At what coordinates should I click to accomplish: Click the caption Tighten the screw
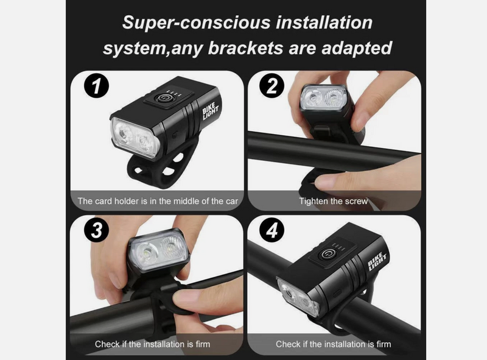(333, 201)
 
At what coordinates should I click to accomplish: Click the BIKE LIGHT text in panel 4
(377, 261)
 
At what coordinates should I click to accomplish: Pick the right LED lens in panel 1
(145, 143)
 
